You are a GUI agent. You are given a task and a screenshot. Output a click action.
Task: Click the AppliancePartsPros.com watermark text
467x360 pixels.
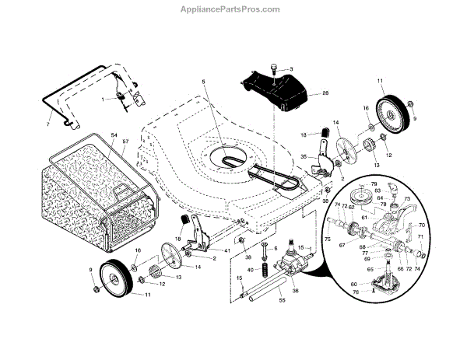[233, 9]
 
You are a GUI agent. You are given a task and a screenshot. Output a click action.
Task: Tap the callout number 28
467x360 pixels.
[325, 93]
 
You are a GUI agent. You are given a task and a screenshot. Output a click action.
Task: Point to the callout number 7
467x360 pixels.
[48, 124]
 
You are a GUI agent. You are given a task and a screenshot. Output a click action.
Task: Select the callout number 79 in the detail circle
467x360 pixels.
[374, 184]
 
